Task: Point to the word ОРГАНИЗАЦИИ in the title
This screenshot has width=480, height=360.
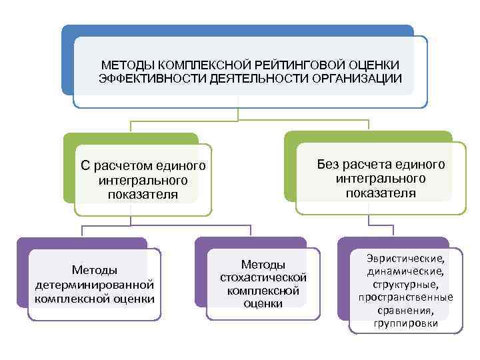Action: [x=356, y=79]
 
